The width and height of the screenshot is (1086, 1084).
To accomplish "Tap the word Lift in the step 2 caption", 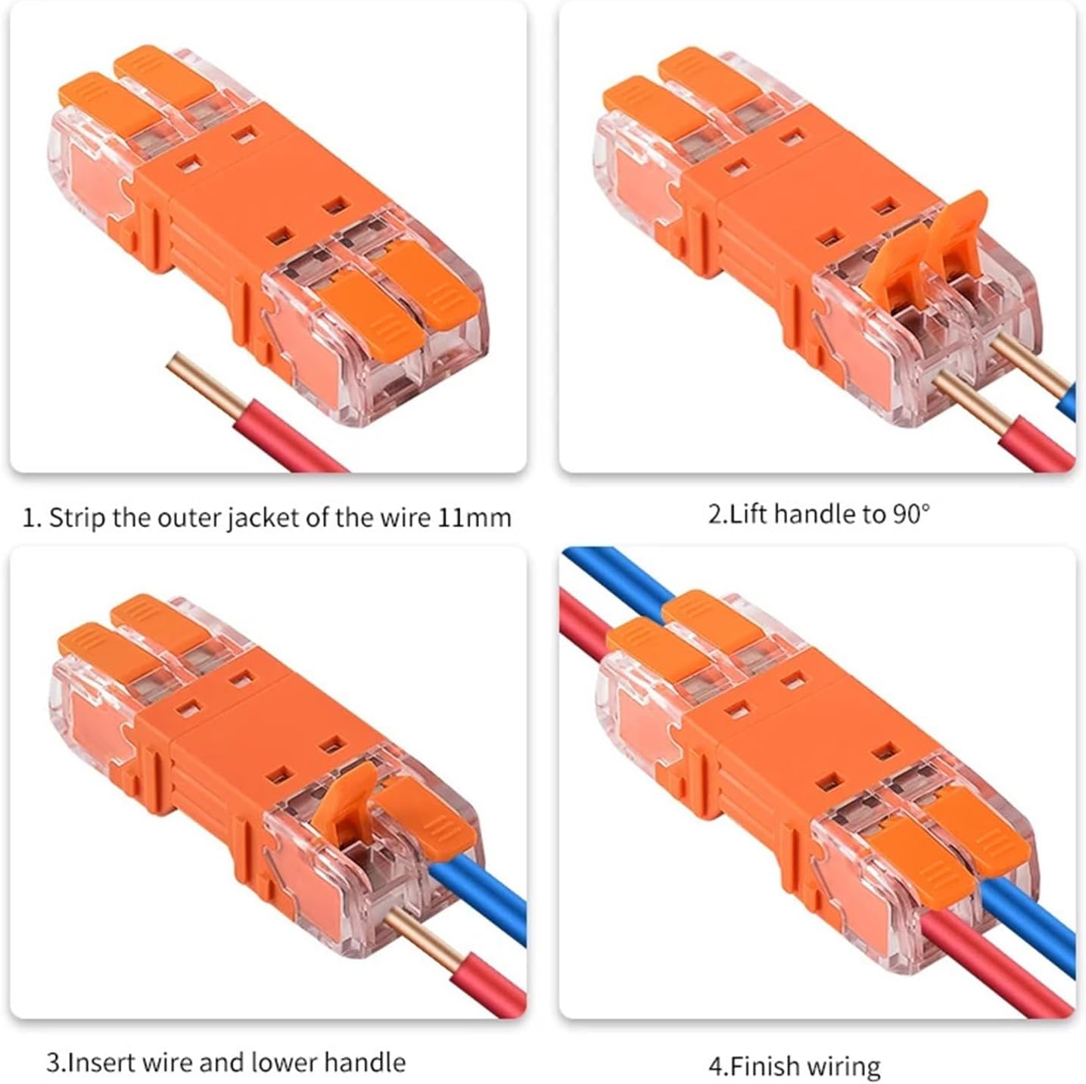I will tap(750, 514).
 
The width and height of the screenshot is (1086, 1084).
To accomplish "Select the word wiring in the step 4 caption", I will tap(844, 1066).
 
